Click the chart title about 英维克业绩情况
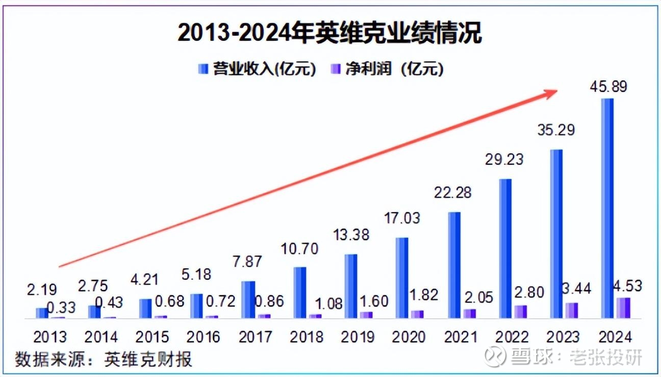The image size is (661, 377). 329,34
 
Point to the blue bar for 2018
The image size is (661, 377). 300,292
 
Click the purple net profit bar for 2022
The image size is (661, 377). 521,312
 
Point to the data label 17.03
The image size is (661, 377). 402,218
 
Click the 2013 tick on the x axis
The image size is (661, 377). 50,337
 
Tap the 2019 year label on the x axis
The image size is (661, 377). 358,337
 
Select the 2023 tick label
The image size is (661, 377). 563,337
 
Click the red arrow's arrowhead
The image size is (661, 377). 551,92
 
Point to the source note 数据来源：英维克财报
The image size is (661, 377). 104,359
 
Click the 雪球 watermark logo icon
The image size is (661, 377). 495,357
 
